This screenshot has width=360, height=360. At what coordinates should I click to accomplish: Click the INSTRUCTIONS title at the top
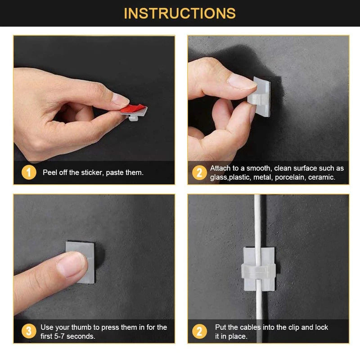pyautogui.click(x=180, y=13)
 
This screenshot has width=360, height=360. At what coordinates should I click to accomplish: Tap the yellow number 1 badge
pyautogui.click(x=29, y=172)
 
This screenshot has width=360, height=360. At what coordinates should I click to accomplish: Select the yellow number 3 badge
pyautogui.click(x=29, y=332)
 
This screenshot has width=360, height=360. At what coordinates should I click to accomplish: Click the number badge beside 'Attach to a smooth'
pyautogui.click(x=199, y=172)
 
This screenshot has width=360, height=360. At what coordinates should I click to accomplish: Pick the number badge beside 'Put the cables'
pyautogui.click(x=199, y=332)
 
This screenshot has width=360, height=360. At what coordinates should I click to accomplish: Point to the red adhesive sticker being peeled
pyautogui.click(x=135, y=109)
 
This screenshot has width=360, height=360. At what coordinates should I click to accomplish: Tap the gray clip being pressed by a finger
pyautogui.click(x=81, y=261)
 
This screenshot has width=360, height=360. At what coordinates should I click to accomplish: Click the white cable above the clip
pyautogui.click(x=258, y=220)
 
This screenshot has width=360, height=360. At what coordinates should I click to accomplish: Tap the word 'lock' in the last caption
pyautogui.click(x=321, y=327)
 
